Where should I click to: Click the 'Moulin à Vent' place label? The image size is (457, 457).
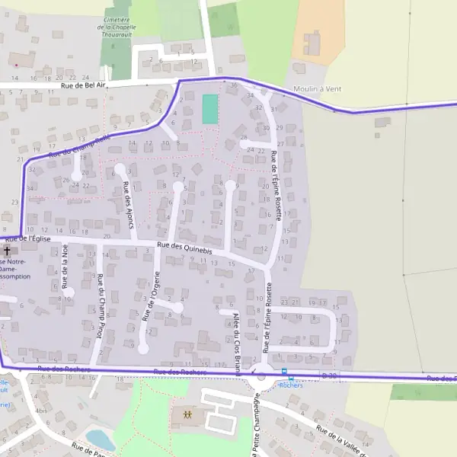point(317,89)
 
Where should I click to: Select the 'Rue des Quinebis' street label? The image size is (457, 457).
point(184,247)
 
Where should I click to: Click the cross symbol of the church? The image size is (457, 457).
point(8,250)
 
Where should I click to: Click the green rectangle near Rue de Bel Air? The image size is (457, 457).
point(209,109)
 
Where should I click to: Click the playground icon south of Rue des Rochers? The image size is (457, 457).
point(187,415)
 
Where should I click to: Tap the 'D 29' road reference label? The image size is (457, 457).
point(329,376)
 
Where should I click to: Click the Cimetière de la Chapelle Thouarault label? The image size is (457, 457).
point(117,27)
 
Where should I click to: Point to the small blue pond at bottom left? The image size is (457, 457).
point(99,439)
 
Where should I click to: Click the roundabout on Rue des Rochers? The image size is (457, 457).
point(262,372)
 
